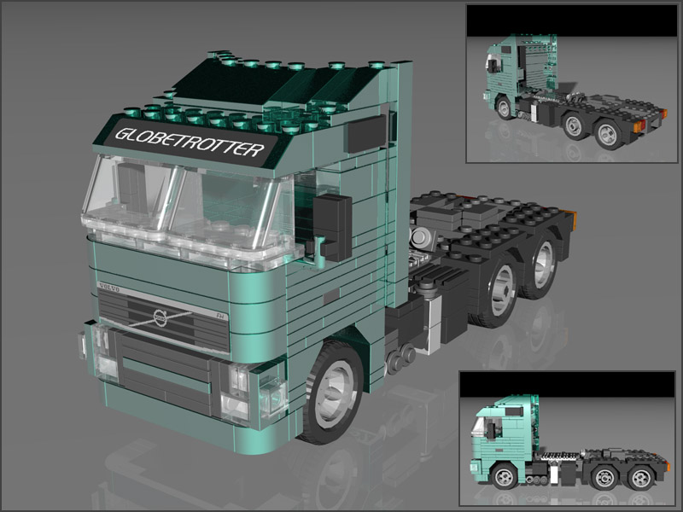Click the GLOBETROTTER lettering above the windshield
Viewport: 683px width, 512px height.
pyautogui.click(x=189, y=142)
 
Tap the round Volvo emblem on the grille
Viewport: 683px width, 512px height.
pyautogui.click(x=161, y=317)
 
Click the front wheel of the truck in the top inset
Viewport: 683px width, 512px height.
pyautogui.click(x=505, y=108)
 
